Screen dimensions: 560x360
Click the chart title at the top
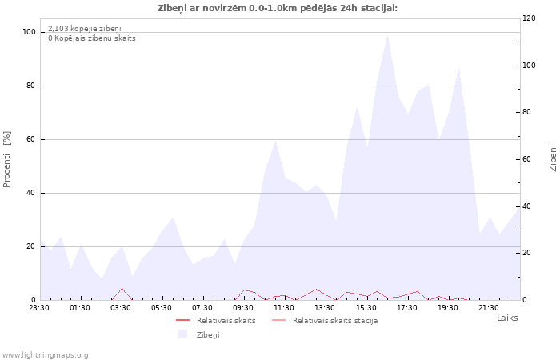[x=278, y=8]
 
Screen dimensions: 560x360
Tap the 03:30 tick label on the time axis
[x=120, y=308]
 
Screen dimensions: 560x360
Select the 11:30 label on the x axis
[x=284, y=308]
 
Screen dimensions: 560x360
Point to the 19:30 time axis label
[x=447, y=308]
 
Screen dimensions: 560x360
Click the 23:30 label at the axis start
[x=39, y=308]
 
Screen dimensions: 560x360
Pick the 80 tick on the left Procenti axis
[x=31, y=86]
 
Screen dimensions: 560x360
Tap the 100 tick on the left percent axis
[x=30, y=32]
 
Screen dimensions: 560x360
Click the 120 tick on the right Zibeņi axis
[x=529, y=18]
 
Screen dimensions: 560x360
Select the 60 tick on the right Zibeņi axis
[x=526, y=159]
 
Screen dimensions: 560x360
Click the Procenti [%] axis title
[x=6, y=159]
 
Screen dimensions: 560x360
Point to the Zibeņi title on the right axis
[x=553, y=158]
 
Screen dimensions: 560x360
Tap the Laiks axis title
[x=507, y=318]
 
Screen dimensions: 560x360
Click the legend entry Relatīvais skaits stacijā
[x=335, y=321]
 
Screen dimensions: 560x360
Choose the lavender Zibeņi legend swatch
[x=183, y=334]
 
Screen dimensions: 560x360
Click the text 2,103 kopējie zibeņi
[x=85, y=29]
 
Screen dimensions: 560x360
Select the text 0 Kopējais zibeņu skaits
[x=92, y=38]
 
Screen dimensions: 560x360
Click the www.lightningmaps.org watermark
[x=44, y=355]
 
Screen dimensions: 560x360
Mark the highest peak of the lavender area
[x=387, y=34]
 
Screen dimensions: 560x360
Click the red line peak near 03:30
[x=122, y=288]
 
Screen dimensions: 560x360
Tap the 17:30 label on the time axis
[x=406, y=308]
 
